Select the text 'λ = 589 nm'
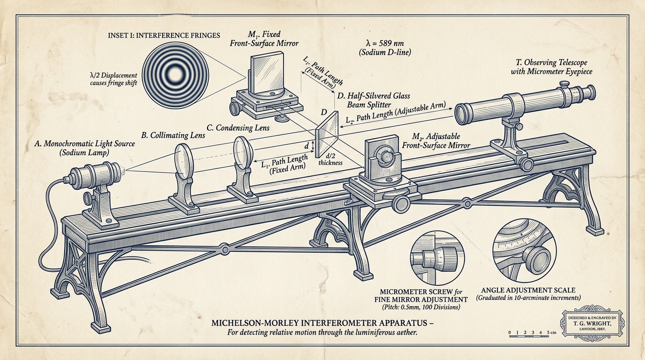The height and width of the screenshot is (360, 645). (385, 43)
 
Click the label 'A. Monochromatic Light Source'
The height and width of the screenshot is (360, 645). (85, 144)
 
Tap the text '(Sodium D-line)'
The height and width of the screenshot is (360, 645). (385, 52)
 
